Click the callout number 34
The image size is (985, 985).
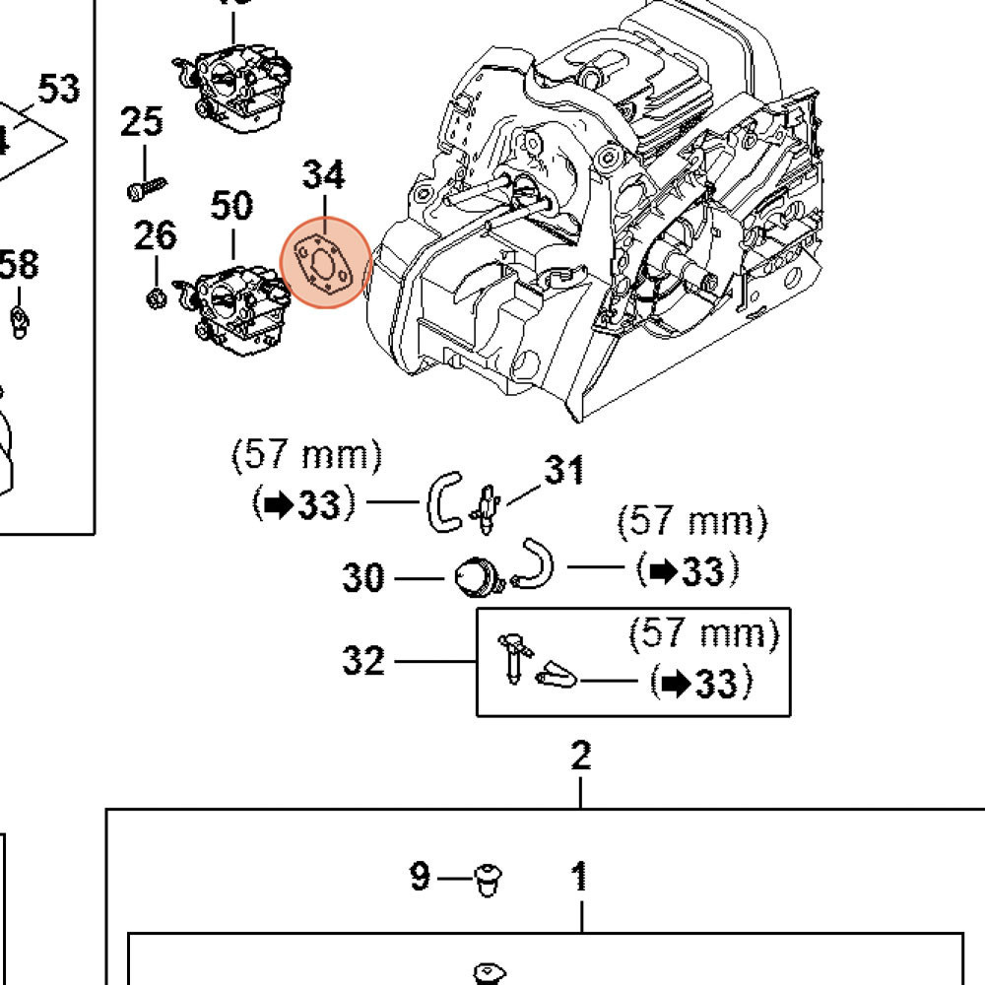323,174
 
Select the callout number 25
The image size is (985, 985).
142,123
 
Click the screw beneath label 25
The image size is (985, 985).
147,184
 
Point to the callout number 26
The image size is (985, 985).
156,235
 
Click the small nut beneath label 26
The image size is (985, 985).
156,295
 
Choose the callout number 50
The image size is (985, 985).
232,206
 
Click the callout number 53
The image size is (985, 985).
59,90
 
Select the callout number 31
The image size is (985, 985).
564,470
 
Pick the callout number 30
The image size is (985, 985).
363,577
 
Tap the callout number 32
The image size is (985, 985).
363,660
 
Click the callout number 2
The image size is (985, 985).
581,756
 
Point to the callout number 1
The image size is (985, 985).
580,876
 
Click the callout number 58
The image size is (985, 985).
20,264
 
